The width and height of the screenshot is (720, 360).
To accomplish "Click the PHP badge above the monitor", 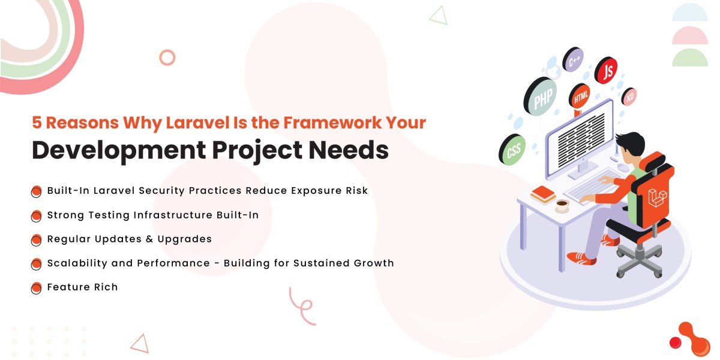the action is [x=541, y=97].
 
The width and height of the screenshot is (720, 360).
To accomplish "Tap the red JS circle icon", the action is [x=606, y=70].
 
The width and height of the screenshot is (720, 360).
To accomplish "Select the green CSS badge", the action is [x=512, y=150].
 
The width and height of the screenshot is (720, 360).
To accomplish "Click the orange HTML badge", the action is [x=580, y=96].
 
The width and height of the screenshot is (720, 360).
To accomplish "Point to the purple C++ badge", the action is [x=573, y=60].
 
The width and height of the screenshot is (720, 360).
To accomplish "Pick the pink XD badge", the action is [x=629, y=97].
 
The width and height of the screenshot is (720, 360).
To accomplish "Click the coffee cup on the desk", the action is [x=562, y=205].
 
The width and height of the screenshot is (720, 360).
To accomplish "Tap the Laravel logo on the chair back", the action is [x=657, y=197].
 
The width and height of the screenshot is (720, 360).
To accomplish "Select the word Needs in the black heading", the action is [x=349, y=150].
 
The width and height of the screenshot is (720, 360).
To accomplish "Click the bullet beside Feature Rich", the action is [x=37, y=288].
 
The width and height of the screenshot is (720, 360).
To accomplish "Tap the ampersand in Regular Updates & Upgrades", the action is [x=149, y=239].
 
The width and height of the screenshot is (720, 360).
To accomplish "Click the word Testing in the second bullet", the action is [x=109, y=215].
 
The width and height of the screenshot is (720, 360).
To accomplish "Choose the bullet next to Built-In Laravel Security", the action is [x=37, y=191].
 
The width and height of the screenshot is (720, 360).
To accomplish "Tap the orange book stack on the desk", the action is [x=543, y=194].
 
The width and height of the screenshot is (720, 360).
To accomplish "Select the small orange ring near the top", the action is [x=167, y=58].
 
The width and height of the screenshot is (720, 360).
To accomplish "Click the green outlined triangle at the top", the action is [x=439, y=16].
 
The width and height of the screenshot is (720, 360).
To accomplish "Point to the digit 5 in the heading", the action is [x=37, y=123].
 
